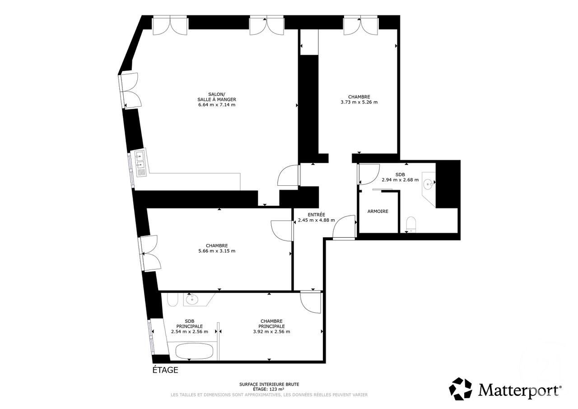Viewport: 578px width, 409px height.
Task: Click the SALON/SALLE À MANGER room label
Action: click(x=216, y=97)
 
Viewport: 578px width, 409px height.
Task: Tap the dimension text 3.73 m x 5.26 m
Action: click(x=359, y=102)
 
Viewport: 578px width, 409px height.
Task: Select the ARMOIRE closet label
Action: click(x=378, y=212)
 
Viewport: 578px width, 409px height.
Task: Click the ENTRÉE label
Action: click(x=316, y=215)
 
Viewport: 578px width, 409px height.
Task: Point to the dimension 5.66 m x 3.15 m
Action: click(x=217, y=251)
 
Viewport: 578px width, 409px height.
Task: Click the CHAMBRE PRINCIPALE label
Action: click(x=271, y=323)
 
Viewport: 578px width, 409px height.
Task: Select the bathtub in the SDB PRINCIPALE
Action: click(x=194, y=351)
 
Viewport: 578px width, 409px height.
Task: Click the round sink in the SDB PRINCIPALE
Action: click(x=192, y=299)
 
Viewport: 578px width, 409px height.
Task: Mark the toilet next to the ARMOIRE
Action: click(x=410, y=224)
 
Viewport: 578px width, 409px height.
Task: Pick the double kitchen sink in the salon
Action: click(x=140, y=162)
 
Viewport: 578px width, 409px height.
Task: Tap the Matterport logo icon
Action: click(x=460, y=389)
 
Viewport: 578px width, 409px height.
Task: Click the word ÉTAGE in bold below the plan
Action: click(x=165, y=370)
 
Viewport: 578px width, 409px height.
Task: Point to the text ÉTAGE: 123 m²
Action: click(x=269, y=389)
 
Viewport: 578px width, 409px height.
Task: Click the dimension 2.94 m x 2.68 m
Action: click(x=400, y=179)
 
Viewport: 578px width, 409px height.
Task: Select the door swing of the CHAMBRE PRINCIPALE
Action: click(x=311, y=302)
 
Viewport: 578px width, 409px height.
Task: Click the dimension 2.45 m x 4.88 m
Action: click(x=316, y=221)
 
